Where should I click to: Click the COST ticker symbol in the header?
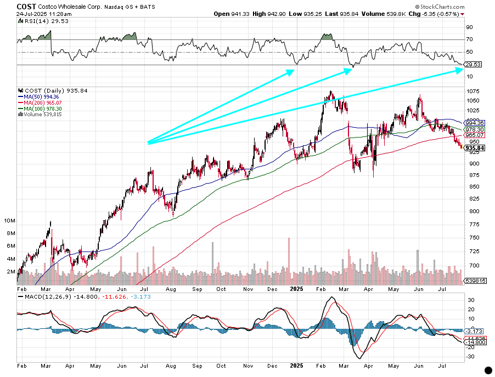pos(27,6)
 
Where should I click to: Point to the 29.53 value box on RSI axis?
pos(473,65)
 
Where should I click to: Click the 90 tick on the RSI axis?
pos(470,27)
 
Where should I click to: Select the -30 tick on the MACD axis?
pos(470,356)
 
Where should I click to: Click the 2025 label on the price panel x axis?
pos(297,289)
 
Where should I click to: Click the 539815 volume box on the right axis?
pos(475,281)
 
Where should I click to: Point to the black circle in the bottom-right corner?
pos(488,370)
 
